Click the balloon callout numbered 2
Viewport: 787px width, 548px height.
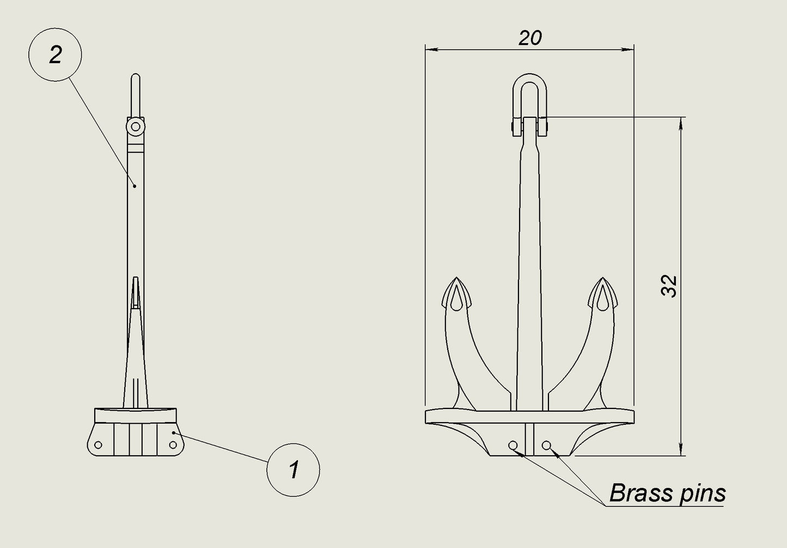(x=55, y=55)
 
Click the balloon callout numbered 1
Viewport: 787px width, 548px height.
(x=293, y=470)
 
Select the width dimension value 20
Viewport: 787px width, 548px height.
(x=529, y=38)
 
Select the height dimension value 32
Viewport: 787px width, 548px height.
(x=669, y=286)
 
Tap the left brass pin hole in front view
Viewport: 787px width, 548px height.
(x=513, y=445)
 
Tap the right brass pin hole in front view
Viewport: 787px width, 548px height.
(x=547, y=445)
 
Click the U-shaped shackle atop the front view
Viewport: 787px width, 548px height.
(x=529, y=87)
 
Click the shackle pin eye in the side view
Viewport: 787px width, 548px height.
(x=135, y=127)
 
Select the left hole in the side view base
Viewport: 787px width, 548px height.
(x=98, y=445)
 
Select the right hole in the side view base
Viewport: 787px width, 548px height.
(x=173, y=445)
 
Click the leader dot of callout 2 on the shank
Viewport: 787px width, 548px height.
(x=135, y=185)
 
